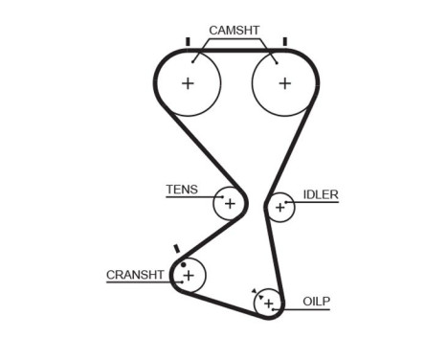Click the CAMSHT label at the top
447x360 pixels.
coord(235,31)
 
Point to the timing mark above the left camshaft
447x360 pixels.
coord(189,41)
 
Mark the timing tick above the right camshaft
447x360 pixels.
coord(284,41)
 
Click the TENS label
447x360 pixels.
coord(182,190)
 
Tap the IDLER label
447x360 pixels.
coord(321,194)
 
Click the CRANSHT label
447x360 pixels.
coord(135,276)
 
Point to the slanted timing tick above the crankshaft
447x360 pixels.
coord(176,249)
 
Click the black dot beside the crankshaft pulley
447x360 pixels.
coord(182,262)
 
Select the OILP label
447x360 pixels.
coord(316,301)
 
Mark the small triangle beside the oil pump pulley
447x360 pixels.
coord(253,290)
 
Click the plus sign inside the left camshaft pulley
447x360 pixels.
coord(189,83)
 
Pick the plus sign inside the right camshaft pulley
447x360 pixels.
coord(284,83)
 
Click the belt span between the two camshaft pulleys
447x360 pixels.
coord(236,49)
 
